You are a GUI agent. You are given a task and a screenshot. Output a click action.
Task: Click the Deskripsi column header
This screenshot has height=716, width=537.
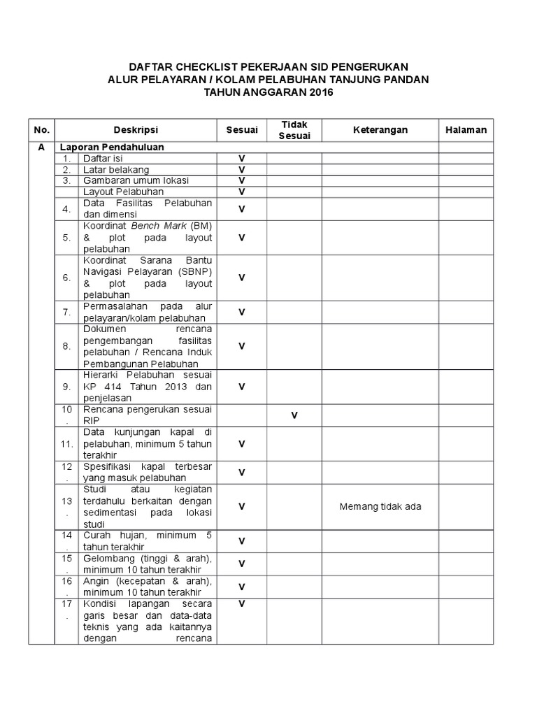[x=136, y=130]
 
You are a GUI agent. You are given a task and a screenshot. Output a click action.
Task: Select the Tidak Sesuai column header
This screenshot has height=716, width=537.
[x=294, y=130]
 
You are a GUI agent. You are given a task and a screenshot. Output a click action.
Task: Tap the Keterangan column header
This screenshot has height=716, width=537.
[x=380, y=130]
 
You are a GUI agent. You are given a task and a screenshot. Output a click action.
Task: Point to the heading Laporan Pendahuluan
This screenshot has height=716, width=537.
[x=112, y=148]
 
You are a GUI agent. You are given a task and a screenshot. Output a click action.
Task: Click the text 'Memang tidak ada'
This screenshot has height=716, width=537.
[x=380, y=507]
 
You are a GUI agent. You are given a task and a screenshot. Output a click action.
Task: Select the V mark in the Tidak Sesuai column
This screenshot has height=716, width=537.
[x=294, y=415]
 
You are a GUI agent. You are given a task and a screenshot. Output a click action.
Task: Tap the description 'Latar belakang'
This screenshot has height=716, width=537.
[x=116, y=170]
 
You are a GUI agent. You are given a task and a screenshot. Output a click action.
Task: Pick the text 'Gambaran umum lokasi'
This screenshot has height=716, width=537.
[x=136, y=180]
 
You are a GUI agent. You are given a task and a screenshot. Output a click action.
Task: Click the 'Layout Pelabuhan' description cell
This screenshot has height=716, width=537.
[x=124, y=192]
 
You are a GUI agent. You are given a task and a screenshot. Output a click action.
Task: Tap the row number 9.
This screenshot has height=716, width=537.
[x=66, y=386]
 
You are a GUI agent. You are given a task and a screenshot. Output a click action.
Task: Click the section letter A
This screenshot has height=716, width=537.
[x=42, y=148]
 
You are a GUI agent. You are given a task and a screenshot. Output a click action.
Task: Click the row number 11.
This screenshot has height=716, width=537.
[x=67, y=444]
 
